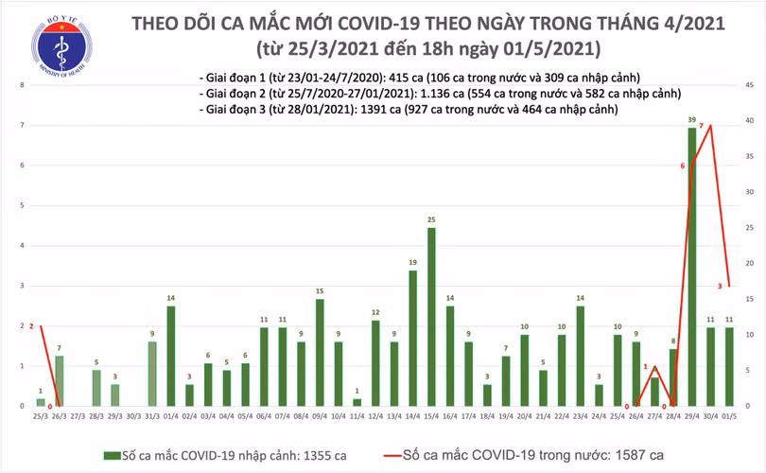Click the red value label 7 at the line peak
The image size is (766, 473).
[701, 127]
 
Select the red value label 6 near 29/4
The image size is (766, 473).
[682, 166]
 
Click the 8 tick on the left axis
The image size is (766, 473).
[22, 86]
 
